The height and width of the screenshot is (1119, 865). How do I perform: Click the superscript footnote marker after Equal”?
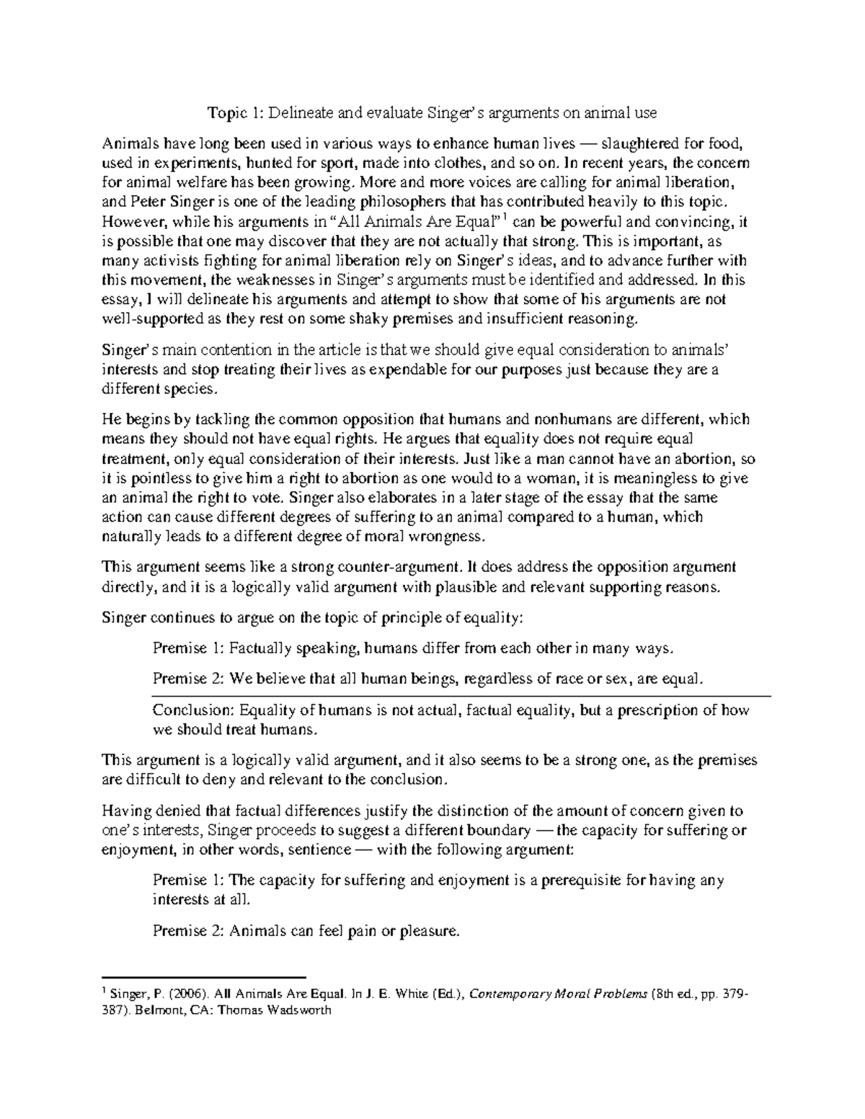click(x=505, y=217)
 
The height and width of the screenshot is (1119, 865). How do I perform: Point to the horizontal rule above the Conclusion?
click(x=461, y=696)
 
